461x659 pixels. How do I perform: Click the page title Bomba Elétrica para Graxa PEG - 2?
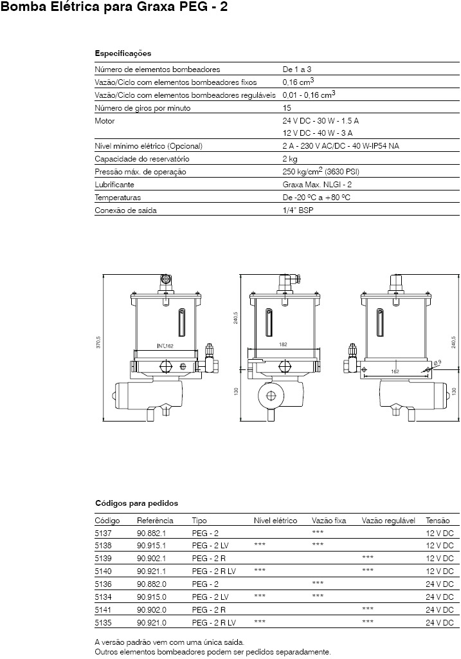114,7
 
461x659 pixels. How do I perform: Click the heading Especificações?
123,54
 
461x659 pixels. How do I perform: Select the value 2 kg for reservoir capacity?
290,159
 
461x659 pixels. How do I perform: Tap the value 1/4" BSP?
298,210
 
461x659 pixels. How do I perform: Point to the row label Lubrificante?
114,185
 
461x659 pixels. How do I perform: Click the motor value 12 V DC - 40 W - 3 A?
318,133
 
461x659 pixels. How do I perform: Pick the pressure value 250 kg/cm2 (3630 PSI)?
321,171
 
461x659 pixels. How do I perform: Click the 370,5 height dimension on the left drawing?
98,342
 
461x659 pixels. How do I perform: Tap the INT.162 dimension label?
165,346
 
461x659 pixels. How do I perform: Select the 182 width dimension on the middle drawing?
283,344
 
